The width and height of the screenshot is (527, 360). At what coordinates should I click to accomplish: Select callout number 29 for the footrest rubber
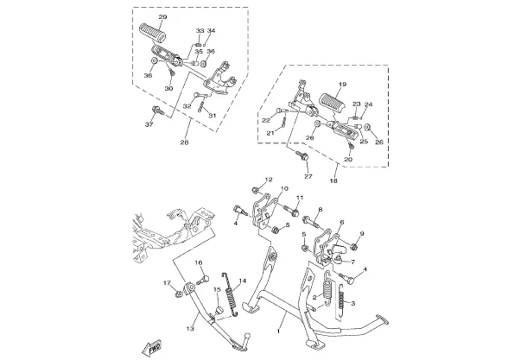click(162, 17)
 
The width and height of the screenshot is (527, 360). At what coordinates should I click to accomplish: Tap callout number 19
click(342, 85)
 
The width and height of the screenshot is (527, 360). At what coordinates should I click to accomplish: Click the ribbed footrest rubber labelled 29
click(153, 33)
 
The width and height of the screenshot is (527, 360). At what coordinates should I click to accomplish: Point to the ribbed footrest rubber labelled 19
click(333, 104)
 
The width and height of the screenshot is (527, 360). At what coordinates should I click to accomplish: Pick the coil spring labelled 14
click(231, 294)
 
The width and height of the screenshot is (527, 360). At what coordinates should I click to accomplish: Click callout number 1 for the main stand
click(278, 332)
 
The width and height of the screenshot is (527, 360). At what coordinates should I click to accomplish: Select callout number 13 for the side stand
click(190, 328)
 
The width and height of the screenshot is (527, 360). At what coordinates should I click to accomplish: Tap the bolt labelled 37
click(157, 110)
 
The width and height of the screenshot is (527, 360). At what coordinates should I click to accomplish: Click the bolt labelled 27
click(302, 155)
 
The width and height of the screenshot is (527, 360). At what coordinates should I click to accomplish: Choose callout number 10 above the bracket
click(284, 189)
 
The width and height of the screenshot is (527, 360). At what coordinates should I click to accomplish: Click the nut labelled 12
click(255, 191)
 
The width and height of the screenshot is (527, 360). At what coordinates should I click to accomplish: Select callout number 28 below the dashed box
click(184, 142)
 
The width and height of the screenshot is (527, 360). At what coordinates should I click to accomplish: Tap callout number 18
click(333, 180)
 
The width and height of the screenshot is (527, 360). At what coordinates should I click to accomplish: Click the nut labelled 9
click(353, 247)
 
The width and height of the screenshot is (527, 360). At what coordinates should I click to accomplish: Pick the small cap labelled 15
click(219, 310)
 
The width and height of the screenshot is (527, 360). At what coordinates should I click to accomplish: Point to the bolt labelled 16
click(203, 280)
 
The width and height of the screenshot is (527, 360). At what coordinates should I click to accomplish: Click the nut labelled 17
click(179, 294)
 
